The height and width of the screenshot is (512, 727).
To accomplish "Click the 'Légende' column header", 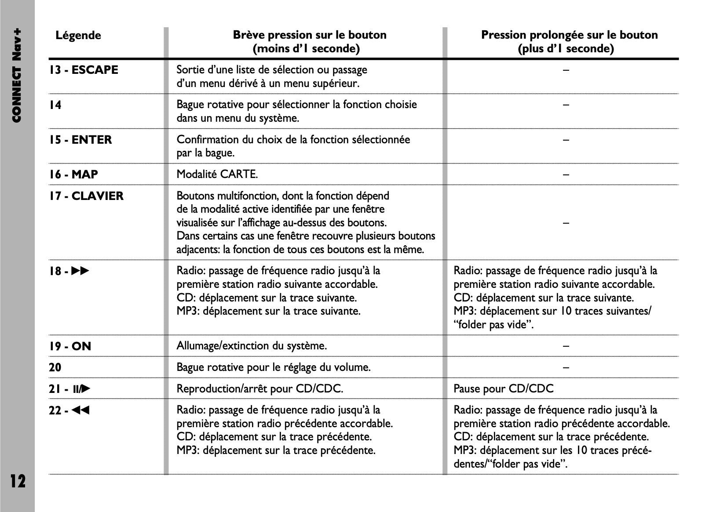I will click(78, 35).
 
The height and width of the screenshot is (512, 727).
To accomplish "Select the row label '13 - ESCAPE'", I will click(84, 70).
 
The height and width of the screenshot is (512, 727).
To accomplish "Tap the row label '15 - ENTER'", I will click(80, 140).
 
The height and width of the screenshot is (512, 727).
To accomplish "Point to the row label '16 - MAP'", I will click(73, 174).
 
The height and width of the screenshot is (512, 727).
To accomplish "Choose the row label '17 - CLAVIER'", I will click(86, 196).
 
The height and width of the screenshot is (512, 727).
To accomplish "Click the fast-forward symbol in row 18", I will click(80, 271).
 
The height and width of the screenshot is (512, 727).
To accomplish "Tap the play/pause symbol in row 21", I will click(82, 389).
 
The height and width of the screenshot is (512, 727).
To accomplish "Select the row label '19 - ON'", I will click(70, 346).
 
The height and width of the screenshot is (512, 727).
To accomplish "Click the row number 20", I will click(55, 367).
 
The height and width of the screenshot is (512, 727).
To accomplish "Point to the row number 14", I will click(55, 105).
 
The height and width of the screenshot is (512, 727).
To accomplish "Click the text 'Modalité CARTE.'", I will click(217, 174).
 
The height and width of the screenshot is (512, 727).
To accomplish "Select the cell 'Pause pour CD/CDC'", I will click(503, 389).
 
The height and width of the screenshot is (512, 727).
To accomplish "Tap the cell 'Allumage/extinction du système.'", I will click(252, 346).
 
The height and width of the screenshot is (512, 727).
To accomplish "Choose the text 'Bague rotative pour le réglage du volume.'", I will click(273, 367).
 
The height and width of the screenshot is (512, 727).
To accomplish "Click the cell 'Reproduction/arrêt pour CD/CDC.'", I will click(259, 389).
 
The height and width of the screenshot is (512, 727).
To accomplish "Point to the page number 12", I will click(18, 481).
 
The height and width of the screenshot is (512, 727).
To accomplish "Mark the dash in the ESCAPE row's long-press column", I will click(566, 70).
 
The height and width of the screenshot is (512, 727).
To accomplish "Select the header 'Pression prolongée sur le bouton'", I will click(569, 35).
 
